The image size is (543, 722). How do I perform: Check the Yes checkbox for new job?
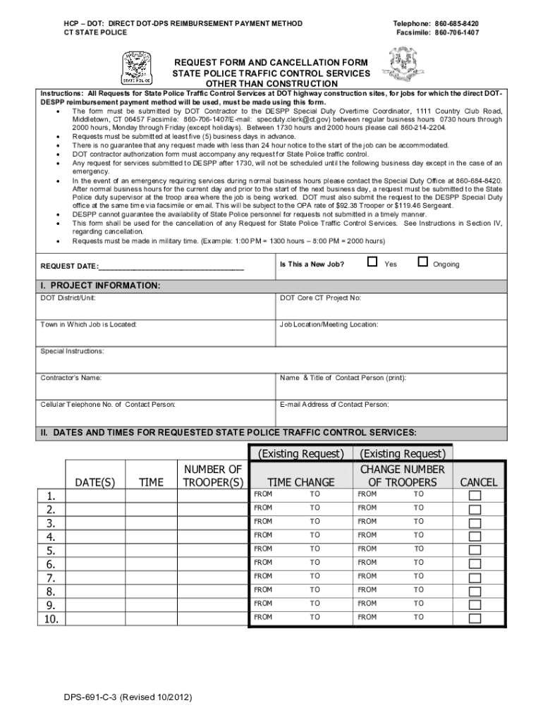(x=372, y=262)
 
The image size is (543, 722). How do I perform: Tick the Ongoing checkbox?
(x=423, y=262)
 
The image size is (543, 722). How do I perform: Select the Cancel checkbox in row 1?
(x=475, y=495)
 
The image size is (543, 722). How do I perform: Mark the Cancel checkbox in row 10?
(x=475, y=618)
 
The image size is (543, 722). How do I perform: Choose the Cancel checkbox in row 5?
(x=475, y=550)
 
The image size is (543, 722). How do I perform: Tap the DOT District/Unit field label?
(x=68, y=298)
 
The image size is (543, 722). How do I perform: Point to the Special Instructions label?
(x=72, y=351)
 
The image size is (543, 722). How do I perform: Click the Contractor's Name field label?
(x=71, y=378)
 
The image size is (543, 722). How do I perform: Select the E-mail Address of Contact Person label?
(x=334, y=405)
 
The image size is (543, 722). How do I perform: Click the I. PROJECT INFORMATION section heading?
(x=100, y=286)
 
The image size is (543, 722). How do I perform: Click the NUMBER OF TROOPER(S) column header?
(x=212, y=476)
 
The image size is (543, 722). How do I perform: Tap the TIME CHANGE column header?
(x=301, y=482)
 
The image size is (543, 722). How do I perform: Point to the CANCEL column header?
(x=479, y=482)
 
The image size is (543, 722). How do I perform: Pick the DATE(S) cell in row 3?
(x=95, y=522)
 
